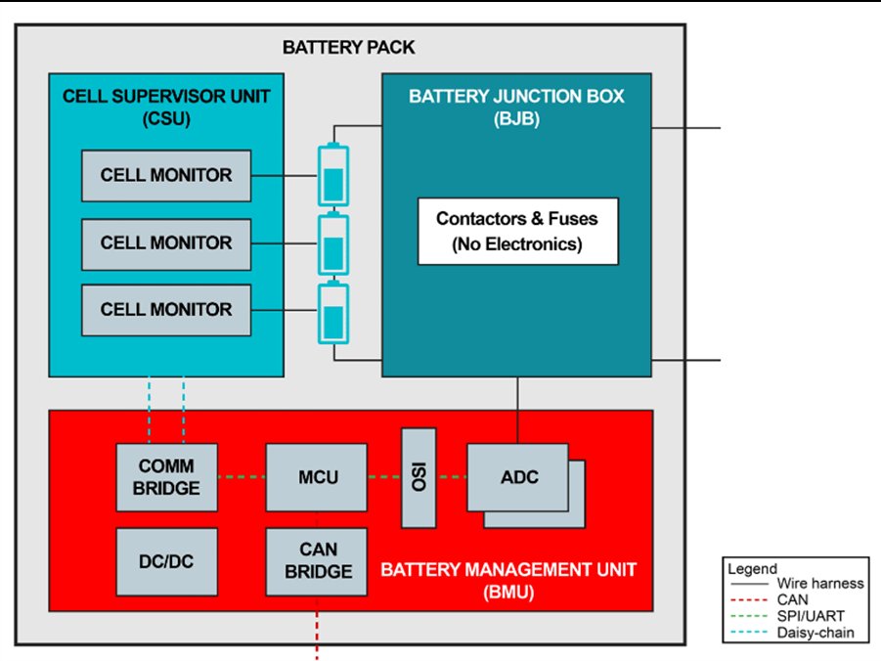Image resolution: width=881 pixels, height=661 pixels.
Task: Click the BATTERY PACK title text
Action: [x=348, y=47]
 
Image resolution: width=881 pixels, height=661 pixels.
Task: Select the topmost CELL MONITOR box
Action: [x=166, y=176]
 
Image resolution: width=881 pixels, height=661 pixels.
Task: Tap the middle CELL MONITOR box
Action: [x=166, y=242]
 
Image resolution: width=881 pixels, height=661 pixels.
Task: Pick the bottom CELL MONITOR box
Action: [x=166, y=309]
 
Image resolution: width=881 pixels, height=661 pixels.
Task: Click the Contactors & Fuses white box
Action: [x=518, y=231]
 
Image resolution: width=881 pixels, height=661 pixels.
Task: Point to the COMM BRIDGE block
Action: [x=166, y=476]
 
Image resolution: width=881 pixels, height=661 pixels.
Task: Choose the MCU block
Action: [x=318, y=476]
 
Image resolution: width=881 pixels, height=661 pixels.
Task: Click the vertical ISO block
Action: [x=419, y=477]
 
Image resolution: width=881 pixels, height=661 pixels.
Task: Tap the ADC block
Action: [x=517, y=476]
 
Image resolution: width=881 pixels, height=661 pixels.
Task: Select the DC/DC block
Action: [x=166, y=561]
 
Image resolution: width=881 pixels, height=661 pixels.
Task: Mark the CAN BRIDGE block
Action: [x=318, y=561]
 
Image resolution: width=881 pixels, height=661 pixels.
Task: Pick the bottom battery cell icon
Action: [x=333, y=313]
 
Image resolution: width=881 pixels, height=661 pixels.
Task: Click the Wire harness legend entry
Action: [x=797, y=583]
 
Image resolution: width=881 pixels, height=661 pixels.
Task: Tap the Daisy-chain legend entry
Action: [x=797, y=633]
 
